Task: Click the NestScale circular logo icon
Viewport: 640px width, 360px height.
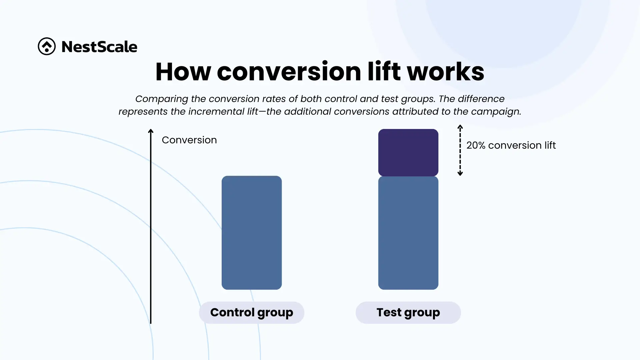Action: (x=47, y=46)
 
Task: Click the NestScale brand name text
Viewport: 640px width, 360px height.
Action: (x=99, y=47)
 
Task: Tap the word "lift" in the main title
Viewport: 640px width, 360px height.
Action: (x=384, y=71)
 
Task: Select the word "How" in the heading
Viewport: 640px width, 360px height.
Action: (x=183, y=71)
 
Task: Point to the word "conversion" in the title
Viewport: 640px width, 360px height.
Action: (x=289, y=72)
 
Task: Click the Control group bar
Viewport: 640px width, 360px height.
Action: (x=252, y=233)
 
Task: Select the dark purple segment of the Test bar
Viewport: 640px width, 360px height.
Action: (x=408, y=153)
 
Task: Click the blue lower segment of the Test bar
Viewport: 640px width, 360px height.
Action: (x=408, y=233)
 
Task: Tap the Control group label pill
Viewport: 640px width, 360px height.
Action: (x=252, y=313)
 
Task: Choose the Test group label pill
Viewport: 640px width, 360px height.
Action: (x=408, y=313)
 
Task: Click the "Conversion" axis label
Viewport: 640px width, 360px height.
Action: (x=189, y=140)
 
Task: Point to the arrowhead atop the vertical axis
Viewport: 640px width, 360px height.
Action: (x=151, y=131)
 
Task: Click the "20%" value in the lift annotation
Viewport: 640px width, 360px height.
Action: (x=476, y=145)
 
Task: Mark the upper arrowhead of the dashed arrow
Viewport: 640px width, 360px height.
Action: (x=460, y=127)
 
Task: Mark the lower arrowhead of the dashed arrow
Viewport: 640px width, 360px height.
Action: (x=460, y=173)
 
